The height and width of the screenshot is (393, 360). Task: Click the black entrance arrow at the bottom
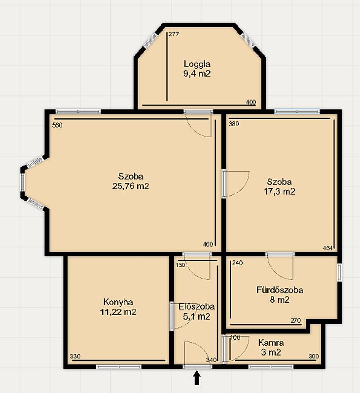pos(197,378)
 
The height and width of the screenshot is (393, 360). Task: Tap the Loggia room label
pos(197,64)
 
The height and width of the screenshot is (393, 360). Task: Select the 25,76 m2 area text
pos(131,186)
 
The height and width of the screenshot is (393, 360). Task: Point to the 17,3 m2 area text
pos(280,191)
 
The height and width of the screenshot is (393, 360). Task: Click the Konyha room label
pos(118,302)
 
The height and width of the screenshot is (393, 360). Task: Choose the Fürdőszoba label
pos(280,290)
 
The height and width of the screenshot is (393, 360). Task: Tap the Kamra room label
pos(271,342)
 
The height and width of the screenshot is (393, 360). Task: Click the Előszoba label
pos(197,306)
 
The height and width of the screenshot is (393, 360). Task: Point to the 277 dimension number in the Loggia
pos(174,34)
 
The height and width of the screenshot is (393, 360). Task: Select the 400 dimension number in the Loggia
pos(251,102)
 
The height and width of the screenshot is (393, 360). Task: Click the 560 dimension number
pos(57,125)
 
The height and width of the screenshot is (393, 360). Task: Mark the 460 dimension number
pos(208,244)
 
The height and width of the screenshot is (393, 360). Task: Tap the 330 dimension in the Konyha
pos(75,356)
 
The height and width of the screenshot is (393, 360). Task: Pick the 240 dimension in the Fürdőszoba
pos(237,263)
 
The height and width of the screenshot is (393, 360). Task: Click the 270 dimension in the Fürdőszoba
pos(295,321)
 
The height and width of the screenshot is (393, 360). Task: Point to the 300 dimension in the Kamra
pos(314,356)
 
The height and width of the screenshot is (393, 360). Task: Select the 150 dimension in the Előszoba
pos(180,265)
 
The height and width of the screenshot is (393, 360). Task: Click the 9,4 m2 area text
pos(197,73)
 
